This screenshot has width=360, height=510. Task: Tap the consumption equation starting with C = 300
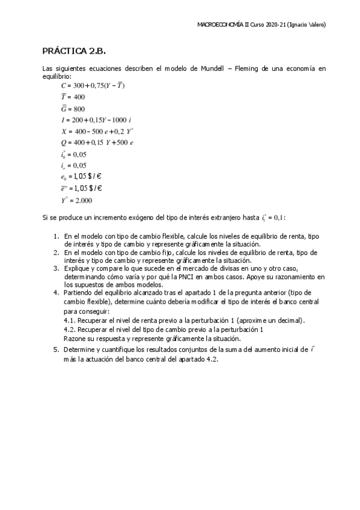tap(93, 85)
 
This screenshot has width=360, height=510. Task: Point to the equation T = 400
tap(73, 97)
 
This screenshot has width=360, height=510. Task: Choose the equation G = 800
tap(73, 108)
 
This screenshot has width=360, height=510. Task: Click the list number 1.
tap(56, 237)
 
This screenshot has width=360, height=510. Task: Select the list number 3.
tap(56, 268)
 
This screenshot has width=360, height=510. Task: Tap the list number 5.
tap(56, 349)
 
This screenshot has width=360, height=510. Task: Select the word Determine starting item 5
tap(81, 349)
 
